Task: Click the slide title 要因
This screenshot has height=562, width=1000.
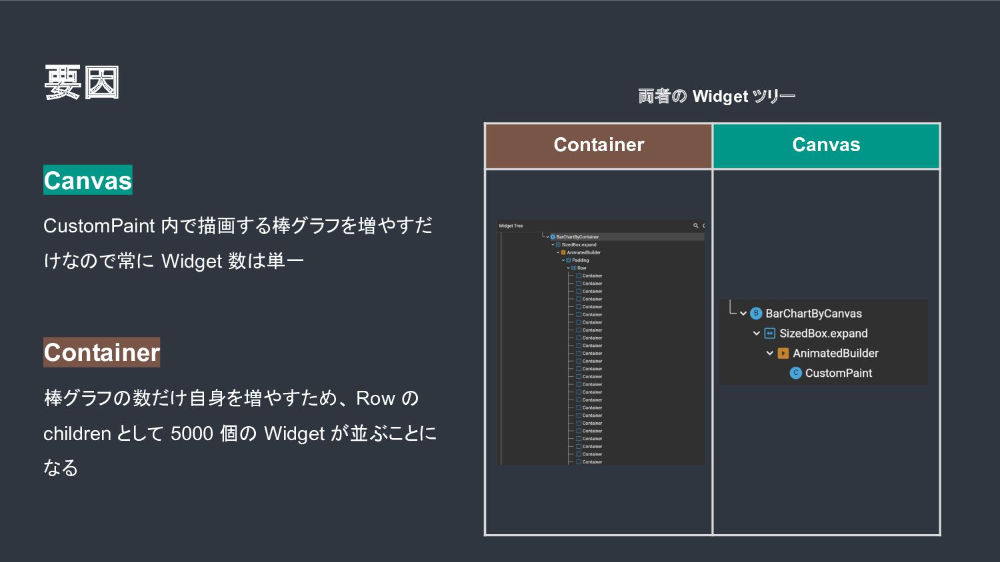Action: (81, 83)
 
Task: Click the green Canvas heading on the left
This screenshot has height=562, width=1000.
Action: (88, 180)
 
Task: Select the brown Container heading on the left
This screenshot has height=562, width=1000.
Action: (102, 352)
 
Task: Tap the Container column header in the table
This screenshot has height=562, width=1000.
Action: (599, 145)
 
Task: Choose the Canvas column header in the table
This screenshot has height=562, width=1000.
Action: (826, 145)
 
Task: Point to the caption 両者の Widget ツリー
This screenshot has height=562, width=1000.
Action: (717, 97)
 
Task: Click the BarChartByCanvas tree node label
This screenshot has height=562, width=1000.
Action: (813, 314)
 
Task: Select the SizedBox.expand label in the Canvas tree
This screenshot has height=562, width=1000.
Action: (823, 334)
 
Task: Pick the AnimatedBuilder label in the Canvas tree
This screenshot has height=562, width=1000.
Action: (835, 354)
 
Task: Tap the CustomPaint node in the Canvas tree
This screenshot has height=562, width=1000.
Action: (838, 374)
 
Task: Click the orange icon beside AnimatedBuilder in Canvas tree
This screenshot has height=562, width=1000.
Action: (783, 354)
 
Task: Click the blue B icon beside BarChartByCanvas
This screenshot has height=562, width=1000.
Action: (756, 314)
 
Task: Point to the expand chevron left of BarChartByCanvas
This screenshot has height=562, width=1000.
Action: (743, 314)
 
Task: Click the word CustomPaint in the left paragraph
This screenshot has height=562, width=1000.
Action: (99, 226)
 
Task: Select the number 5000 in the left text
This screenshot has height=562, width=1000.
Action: (191, 434)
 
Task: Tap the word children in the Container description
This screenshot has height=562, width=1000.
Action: (77, 434)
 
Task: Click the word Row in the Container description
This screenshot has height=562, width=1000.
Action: (375, 399)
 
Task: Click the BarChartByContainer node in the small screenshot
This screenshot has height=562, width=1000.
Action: (577, 237)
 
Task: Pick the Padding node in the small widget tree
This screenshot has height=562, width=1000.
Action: (580, 260)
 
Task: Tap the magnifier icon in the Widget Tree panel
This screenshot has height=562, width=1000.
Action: (695, 226)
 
